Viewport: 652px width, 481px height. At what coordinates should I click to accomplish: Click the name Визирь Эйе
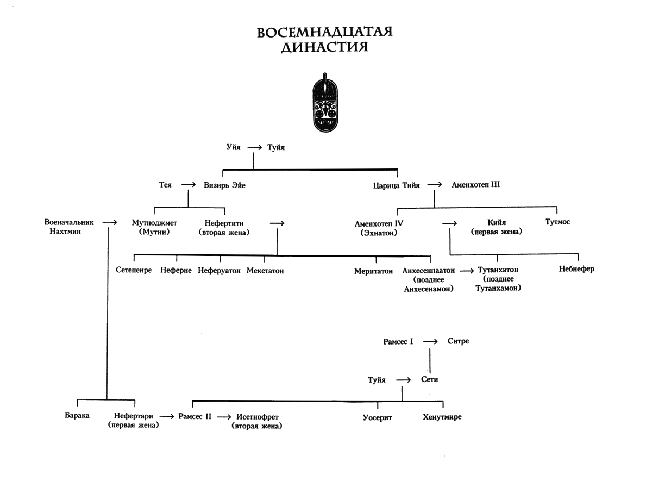pyautogui.click(x=224, y=185)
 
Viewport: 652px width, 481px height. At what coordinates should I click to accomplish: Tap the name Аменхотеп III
pyautogui.click(x=475, y=185)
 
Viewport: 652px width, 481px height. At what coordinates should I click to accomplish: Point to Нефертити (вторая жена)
pyautogui.click(x=224, y=227)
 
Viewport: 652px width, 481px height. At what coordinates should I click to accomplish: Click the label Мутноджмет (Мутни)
pyautogui.click(x=154, y=227)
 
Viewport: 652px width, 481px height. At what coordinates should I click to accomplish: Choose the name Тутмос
pyautogui.click(x=557, y=222)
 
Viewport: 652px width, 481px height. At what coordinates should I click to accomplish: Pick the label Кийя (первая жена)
pyautogui.click(x=497, y=227)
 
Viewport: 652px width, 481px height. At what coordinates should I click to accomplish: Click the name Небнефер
pyautogui.click(x=576, y=269)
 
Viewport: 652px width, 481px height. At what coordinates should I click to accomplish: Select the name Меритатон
pyautogui.click(x=373, y=271)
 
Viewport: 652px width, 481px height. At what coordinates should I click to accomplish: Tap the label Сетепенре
pyautogui.click(x=134, y=271)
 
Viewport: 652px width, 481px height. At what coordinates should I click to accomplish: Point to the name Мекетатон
pyautogui.click(x=265, y=271)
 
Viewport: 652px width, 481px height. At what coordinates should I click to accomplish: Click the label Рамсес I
pyautogui.click(x=398, y=341)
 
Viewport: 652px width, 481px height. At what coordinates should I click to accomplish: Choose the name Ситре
pyautogui.click(x=458, y=341)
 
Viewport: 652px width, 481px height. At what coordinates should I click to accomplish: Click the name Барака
pyautogui.click(x=77, y=416)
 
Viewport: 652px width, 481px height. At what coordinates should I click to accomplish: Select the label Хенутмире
pyautogui.click(x=442, y=417)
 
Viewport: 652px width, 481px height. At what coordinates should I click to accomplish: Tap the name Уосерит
pyautogui.click(x=377, y=417)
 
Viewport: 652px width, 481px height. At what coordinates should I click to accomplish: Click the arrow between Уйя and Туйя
pyautogui.click(x=254, y=147)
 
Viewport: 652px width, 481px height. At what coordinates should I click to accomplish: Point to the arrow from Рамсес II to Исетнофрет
pyautogui.click(x=223, y=417)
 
